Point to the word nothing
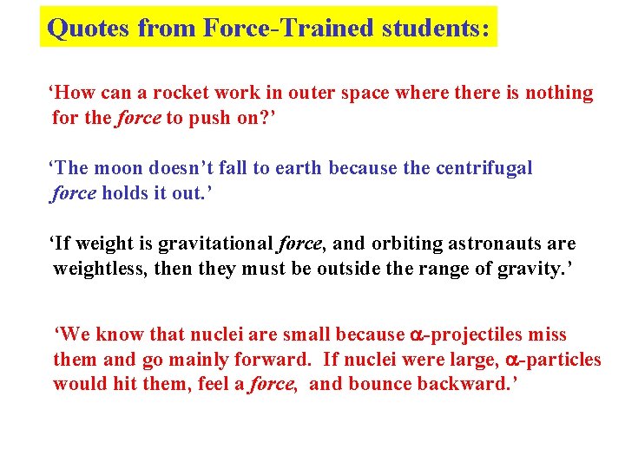coord(560,94)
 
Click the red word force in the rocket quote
coord(138,118)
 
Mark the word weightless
coord(100,270)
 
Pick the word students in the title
coord(437,29)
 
